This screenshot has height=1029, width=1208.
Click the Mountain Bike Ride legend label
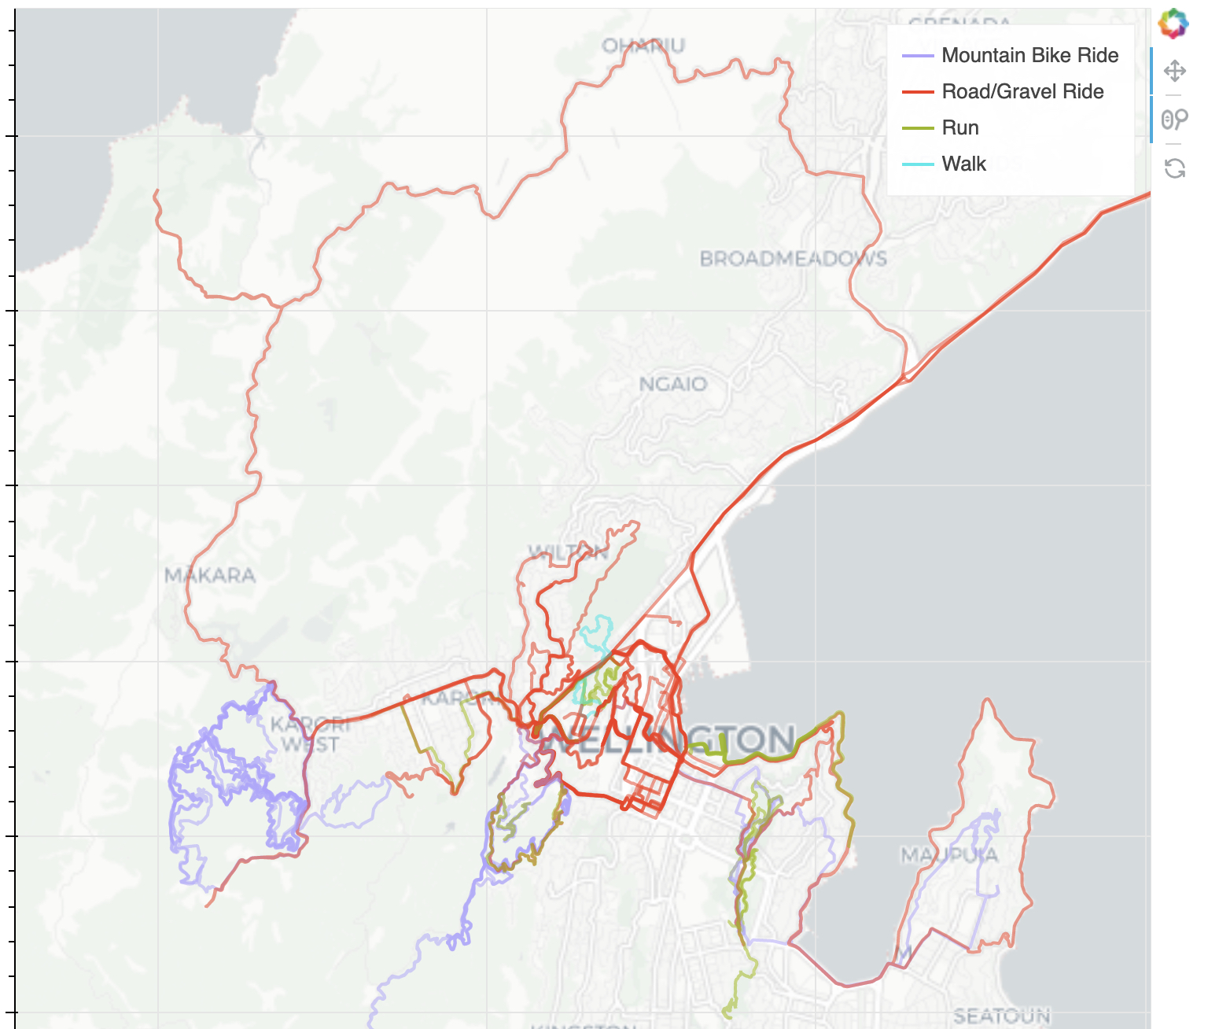click(x=1029, y=56)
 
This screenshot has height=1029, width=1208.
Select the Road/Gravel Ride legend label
click(x=1022, y=92)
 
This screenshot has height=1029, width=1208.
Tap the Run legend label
click(x=960, y=128)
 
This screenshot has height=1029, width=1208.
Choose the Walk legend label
click(x=963, y=164)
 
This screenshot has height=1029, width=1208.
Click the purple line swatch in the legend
click(x=917, y=56)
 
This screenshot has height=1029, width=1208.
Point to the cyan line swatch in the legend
click(x=917, y=164)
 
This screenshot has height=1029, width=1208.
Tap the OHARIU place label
click(x=643, y=46)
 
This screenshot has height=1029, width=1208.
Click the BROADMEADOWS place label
click(x=793, y=259)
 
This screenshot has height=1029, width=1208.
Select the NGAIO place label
click(x=672, y=384)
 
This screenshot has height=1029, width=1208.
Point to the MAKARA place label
click(x=210, y=576)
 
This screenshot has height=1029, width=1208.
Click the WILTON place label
click(x=568, y=552)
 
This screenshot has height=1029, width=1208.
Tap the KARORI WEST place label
click(x=310, y=734)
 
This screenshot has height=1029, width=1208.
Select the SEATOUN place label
click(x=1002, y=1016)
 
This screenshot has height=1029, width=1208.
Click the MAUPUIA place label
click(x=949, y=854)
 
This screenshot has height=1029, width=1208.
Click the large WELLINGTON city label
click(x=668, y=739)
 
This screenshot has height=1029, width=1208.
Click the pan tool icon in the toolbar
click(x=1174, y=71)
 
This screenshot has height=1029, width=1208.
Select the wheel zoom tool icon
click(x=1174, y=120)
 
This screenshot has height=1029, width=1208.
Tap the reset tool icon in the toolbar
click(x=1174, y=168)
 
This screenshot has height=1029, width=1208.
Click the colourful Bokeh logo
click(x=1173, y=24)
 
